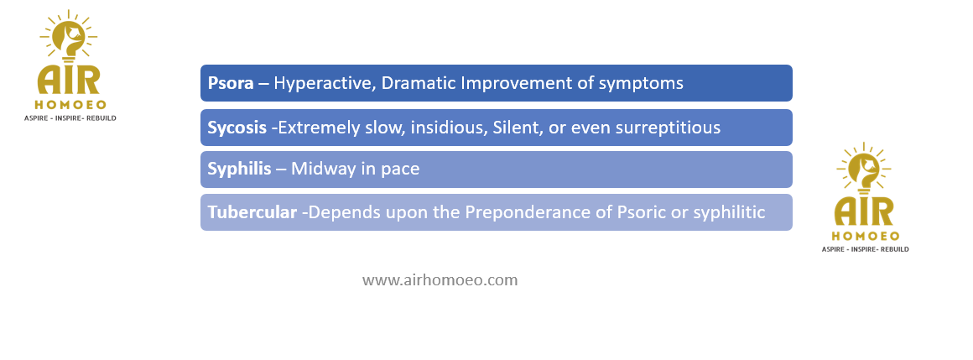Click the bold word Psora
(231, 83)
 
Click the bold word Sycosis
(237, 128)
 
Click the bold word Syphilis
(240, 170)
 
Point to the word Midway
(321, 170)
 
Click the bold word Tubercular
(252, 212)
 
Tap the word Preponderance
(538, 213)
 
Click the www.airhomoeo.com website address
(440, 280)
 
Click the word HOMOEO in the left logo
(70, 105)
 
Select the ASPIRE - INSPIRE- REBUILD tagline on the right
(865, 249)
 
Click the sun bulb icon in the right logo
(864, 169)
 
